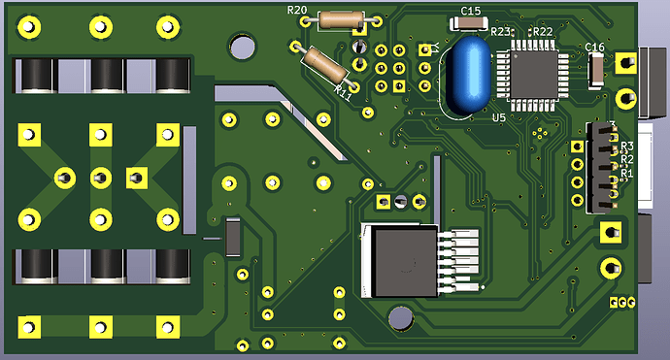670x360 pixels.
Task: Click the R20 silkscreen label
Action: (x=297, y=11)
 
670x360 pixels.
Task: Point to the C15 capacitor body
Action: (x=470, y=24)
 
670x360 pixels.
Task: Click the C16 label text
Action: (x=595, y=47)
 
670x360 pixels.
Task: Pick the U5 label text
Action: (x=499, y=117)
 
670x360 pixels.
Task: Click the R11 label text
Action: (x=342, y=90)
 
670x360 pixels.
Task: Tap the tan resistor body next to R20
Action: (x=341, y=18)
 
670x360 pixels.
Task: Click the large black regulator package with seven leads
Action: (x=398, y=259)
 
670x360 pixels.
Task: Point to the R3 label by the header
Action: (x=627, y=146)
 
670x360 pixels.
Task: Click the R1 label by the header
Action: (x=627, y=175)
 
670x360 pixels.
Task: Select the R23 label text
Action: (x=501, y=32)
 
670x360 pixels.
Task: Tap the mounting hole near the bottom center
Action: (x=399, y=316)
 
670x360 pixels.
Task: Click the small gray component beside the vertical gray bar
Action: (x=233, y=237)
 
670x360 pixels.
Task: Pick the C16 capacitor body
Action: (x=595, y=68)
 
